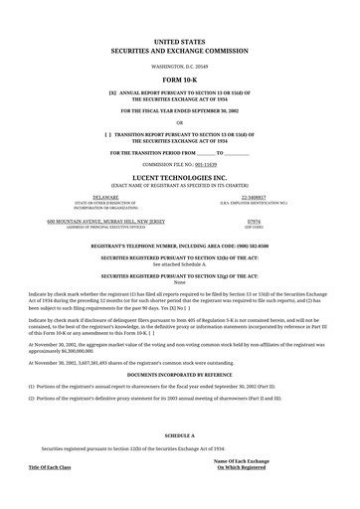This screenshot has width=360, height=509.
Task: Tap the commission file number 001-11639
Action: [x=203, y=163]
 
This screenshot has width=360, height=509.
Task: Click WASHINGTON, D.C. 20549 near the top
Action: [x=179, y=64]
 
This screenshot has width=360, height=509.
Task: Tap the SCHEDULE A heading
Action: [x=179, y=435]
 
